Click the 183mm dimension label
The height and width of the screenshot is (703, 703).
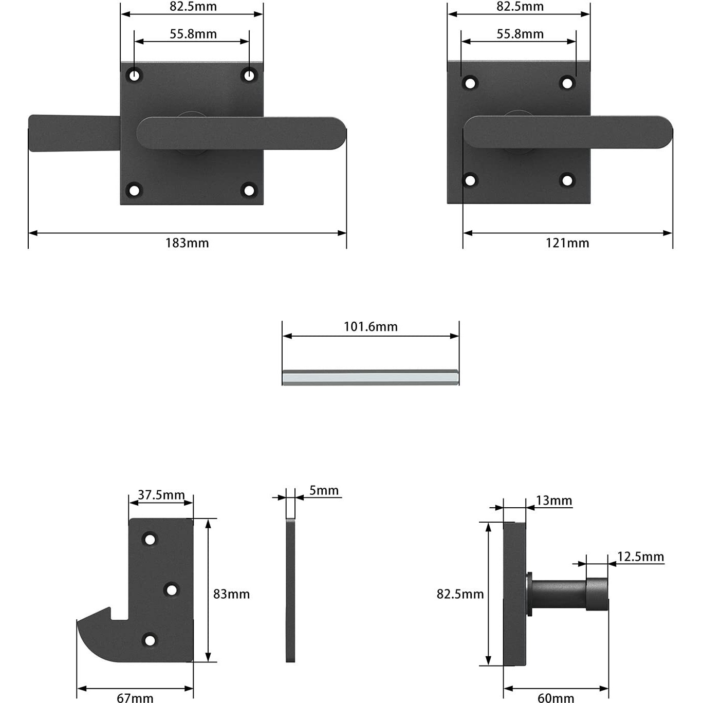(187, 243)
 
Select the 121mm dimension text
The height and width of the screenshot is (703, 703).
(567, 243)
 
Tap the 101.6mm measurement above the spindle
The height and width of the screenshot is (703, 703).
(371, 327)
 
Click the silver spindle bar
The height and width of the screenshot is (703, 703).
(371, 378)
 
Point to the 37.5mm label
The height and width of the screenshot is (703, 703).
(161, 495)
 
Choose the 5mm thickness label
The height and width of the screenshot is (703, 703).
(324, 491)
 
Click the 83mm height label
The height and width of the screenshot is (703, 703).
(231, 594)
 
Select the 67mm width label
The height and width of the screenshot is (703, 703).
(135, 697)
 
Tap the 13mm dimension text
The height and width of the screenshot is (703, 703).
(553, 501)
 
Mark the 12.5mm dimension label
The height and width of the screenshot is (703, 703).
(640, 557)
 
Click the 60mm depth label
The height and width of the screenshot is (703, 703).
(556, 697)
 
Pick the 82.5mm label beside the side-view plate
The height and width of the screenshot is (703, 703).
(460, 594)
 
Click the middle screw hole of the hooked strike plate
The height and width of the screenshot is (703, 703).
(172, 589)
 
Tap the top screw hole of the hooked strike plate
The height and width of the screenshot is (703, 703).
(150, 540)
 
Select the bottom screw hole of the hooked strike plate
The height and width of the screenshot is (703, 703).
(150, 640)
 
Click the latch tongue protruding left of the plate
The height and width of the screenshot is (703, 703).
(72, 134)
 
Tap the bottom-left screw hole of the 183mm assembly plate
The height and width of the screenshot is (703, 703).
(134, 191)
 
